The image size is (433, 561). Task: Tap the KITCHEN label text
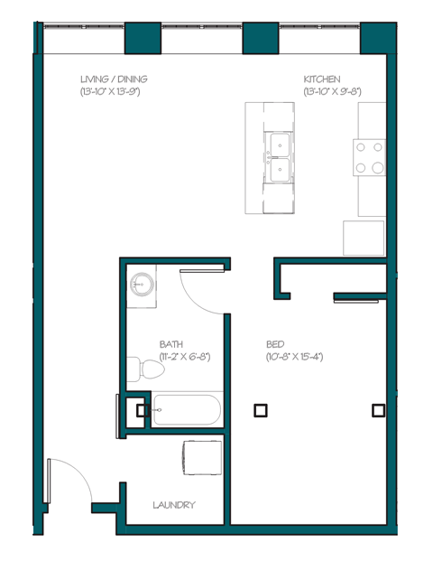[x=322, y=79]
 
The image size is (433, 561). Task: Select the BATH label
[x=170, y=344]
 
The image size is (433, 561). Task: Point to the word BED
[x=276, y=344]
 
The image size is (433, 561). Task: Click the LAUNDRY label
[x=174, y=505]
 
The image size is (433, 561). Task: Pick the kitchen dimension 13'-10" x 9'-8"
[x=333, y=91]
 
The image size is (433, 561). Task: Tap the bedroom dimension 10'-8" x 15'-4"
[x=294, y=357]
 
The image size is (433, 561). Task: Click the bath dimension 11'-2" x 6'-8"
[x=184, y=357]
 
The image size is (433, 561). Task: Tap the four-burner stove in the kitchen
[x=371, y=156]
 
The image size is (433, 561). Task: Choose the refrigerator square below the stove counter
[x=364, y=238]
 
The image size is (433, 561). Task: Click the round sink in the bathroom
[x=140, y=284]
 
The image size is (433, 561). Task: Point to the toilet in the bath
[x=137, y=368]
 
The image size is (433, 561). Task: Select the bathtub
[x=186, y=411]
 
